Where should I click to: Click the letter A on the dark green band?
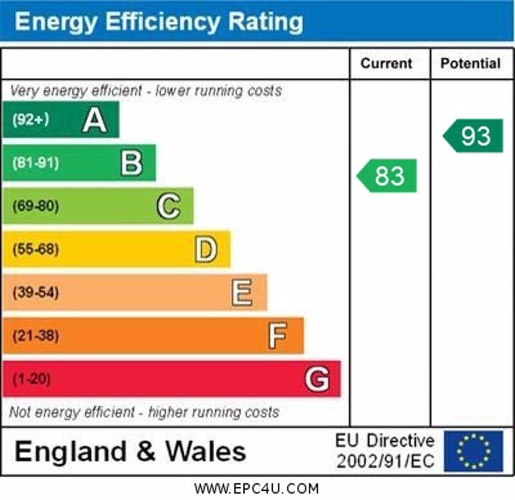tap(95, 120)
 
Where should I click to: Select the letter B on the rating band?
tap(131, 163)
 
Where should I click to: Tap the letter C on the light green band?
tap(169, 206)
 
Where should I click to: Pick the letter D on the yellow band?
tap(206, 249)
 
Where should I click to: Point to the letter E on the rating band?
tap(242, 293)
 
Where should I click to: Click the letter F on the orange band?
tap(277, 336)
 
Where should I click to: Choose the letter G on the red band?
tap(317, 379)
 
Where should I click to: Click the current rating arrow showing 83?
tap(388, 176)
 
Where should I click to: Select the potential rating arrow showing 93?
tap(474, 136)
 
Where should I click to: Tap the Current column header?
tap(386, 63)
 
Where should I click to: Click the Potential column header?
tap(470, 63)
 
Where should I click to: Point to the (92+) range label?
tap(30, 120)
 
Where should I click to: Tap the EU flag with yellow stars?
tap(473, 451)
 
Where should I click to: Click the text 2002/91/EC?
tap(385, 461)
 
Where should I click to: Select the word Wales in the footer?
tap(206, 451)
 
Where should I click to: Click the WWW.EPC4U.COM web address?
tap(256, 488)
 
